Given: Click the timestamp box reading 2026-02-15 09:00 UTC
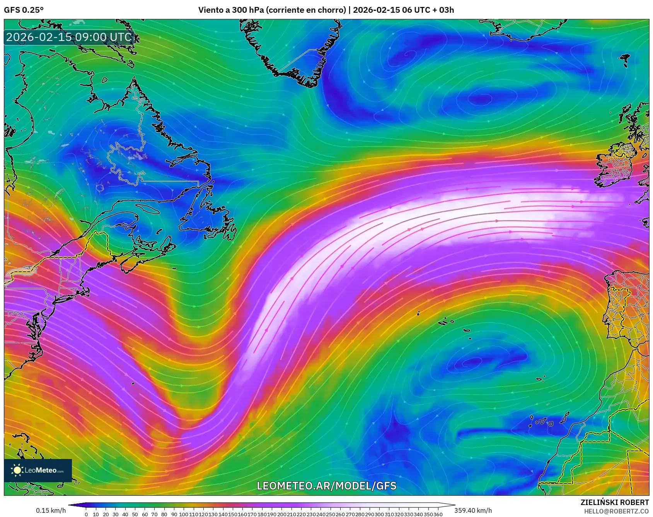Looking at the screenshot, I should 69,37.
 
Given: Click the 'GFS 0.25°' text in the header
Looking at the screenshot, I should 24,10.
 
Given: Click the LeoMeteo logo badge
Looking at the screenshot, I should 38,470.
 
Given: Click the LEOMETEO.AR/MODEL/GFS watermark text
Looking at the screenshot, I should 327,486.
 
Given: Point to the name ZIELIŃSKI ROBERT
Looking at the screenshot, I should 614,502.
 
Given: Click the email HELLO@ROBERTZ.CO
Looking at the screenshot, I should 616,511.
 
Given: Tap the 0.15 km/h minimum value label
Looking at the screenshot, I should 51,510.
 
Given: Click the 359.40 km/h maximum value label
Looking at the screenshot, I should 473,510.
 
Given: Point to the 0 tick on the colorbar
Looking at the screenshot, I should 86,514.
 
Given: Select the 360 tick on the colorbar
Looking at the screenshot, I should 438,514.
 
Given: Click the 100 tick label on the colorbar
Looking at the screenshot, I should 184,514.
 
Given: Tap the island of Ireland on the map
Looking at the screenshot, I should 617,166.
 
